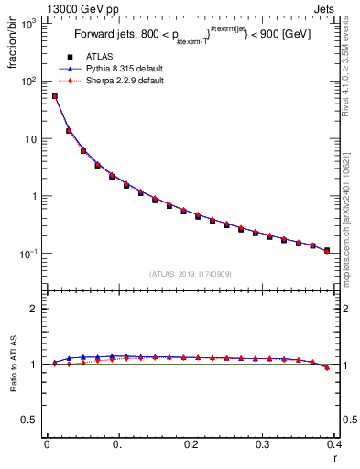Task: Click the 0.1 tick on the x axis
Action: (118, 444)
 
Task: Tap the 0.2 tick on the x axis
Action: (191, 444)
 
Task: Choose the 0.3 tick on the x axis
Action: (263, 444)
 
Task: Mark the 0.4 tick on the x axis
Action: (334, 444)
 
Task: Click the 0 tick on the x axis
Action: (47, 444)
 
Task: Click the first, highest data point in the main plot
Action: (54, 95)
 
